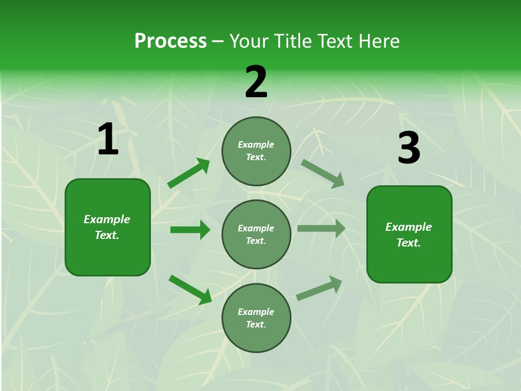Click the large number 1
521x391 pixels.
click(x=108, y=140)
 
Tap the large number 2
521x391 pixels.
click(x=256, y=82)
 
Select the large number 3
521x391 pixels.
click(x=409, y=148)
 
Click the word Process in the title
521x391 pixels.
click(x=170, y=41)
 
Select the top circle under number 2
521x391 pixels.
click(x=256, y=151)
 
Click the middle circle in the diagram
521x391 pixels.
click(x=256, y=234)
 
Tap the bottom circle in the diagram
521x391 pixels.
click(x=256, y=318)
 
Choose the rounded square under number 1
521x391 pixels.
click(x=107, y=227)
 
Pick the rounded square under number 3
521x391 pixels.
click(x=409, y=234)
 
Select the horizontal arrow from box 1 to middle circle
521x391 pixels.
click(x=190, y=230)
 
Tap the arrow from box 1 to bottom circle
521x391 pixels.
click(x=190, y=289)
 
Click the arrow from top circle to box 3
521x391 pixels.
click(x=322, y=173)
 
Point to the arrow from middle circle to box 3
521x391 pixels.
click(x=321, y=229)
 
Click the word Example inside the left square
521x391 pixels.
click(x=107, y=219)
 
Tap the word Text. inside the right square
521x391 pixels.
click(x=409, y=243)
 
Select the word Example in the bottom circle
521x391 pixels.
click(x=256, y=312)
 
